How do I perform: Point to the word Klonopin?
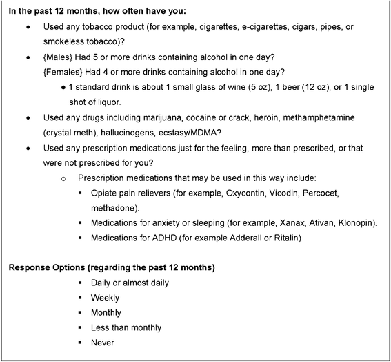point(357,222)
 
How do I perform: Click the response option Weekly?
point(105,297)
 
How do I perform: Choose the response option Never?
point(102,342)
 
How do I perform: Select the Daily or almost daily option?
point(130,282)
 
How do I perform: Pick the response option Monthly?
point(106,312)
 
